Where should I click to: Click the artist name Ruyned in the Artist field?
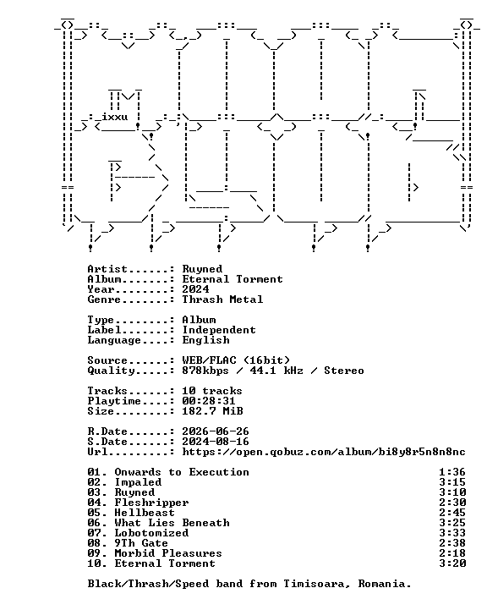(x=202, y=269)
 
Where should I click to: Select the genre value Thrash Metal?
(x=222, y=299)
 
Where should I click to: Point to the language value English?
(x=206, y=340)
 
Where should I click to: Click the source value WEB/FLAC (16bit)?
(x=236, y=360)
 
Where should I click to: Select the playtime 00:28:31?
(x=209, y=401)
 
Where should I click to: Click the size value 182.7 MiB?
(x=212, y=411)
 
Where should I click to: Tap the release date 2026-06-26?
(x=216, y=431)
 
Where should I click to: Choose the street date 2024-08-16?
(x=216, y=442)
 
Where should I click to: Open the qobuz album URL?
(x=324, y=452)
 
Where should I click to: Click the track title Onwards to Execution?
(x=182, y=472)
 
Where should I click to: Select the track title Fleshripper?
(x=152, y=503)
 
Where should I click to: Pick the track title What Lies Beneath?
(x=172, y=523)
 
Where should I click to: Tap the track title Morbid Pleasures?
(x=168, y=553)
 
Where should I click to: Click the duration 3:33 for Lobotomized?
(x=452, y=533)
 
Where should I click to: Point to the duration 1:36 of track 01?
(x=452, y=472)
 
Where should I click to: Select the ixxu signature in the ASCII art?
(x=114, y=117)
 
